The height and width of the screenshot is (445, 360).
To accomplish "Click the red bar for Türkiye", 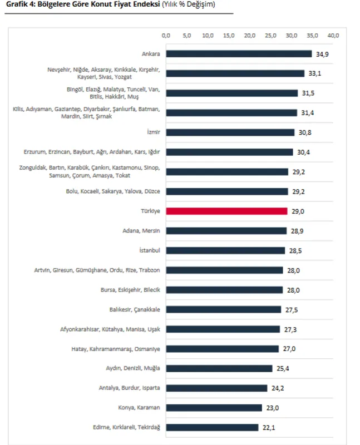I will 227,211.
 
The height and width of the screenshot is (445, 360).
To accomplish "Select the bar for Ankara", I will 239,54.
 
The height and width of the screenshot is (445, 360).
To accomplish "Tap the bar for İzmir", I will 230,132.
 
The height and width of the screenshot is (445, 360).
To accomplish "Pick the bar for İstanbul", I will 226,250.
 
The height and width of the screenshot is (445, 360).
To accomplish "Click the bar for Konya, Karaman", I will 214,408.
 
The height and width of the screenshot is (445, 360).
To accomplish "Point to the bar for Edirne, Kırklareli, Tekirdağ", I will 213,427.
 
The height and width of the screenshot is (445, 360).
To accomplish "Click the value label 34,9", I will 322,54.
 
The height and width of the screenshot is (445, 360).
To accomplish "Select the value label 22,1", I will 269,427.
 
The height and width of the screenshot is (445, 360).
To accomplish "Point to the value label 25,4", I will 282,368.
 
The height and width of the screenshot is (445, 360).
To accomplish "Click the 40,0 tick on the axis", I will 333,36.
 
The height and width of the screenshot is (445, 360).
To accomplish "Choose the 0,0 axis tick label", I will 166,36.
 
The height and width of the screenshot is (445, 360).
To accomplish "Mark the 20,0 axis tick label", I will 250,36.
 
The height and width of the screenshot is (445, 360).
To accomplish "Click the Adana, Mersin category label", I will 141,231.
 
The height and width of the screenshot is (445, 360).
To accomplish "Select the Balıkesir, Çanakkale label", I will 134,309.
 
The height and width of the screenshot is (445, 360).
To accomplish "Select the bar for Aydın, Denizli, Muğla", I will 219,368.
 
